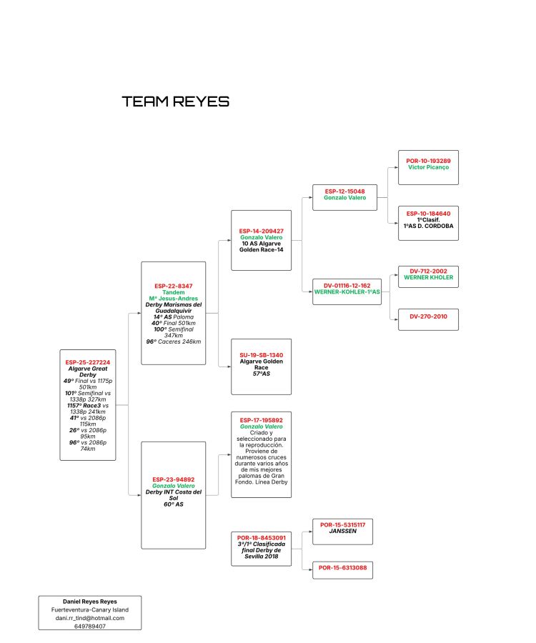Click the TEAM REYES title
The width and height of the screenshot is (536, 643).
(176, 101)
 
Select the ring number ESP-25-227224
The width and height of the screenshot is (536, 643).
(88, 362)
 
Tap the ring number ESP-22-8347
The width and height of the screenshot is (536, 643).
(174, 286)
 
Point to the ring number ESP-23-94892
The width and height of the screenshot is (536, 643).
(174, 479)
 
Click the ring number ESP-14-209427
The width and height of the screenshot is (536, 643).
(262, 231)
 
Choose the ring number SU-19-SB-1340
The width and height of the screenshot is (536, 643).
(262, 355)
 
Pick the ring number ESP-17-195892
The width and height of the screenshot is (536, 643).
(262, 420)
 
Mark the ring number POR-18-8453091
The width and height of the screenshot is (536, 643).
(262, 537)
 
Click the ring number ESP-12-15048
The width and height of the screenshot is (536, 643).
(345, 191)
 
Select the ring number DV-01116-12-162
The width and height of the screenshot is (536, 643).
(347, 286)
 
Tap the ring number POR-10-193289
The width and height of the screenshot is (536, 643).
(429, 161)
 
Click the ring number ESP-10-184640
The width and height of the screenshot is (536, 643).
(429, 214)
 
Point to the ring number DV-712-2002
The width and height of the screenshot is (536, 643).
(429, 271)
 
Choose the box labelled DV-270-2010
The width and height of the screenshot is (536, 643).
(429, 319)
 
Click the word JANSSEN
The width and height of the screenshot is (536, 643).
(343, 531)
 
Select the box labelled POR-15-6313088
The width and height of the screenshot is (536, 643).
(343, 570)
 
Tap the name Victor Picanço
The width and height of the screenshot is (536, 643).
(429, 167)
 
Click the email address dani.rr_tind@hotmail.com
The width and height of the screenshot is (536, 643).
(90, 618)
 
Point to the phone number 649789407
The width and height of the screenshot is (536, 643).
(90, 626)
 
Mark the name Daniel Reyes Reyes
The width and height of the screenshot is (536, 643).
(90, 602)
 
